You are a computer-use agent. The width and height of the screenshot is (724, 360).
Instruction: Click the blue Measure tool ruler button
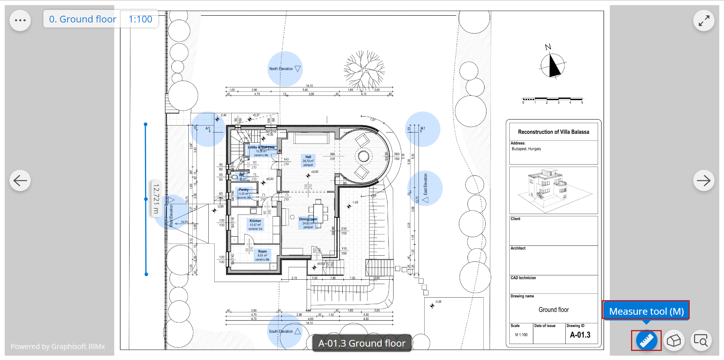pyautogui.click(x=646, y=340)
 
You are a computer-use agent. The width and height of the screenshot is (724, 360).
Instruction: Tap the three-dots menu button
pyautogui.click(x=20, y=20)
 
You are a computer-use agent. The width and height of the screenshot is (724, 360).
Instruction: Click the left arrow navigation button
pyautogui.click(x=20, y=180)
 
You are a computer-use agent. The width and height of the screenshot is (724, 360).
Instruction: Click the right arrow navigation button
pyautogui.click(x=704, y=180)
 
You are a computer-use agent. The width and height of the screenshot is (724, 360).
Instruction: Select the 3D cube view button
pyautogui.click(x=674, y=340)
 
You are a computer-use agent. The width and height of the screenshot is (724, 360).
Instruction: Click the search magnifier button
pyautogui.click(x=701, y=340)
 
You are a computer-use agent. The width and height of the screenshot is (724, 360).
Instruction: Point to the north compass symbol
pyautogui.click(x=552, y=64)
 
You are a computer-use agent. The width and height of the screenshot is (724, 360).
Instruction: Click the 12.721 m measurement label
pyautogui.click(x=156, y=199)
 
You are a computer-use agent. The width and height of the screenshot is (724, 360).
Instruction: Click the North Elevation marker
pyautogui.click(x=285, y=69)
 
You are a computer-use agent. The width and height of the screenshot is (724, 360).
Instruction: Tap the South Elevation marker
pyautogui.click(x=284, y=331)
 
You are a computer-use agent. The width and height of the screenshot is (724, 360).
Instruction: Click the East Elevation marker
pyautogui.click(x=425, y=188)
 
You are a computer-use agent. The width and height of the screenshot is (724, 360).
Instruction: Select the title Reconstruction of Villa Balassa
pyautogui.click(x=553, y=132)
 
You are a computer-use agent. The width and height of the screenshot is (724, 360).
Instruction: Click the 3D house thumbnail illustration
pyautogui.click(x=553, y=190)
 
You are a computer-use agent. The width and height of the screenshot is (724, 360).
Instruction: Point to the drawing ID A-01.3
pyautogui.click(x=580, y=335)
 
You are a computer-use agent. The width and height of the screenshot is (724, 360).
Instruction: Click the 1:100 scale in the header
pyautogui.click(x=140, y=19)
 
